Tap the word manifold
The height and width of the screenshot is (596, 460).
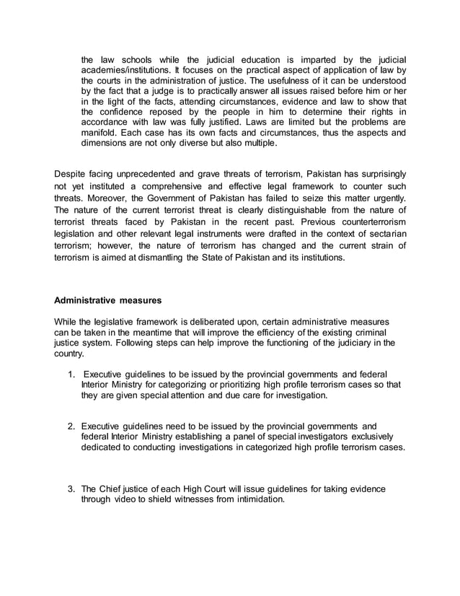[100, 135]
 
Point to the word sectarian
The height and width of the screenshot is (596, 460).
[383, 232]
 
